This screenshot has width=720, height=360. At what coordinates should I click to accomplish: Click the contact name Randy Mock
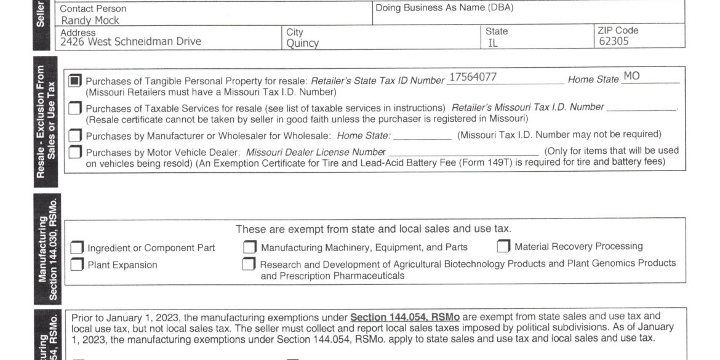pos(90,20)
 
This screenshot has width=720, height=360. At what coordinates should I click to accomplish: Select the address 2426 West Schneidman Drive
pos(130,42)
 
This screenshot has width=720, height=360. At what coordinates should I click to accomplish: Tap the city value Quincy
pos(303,43)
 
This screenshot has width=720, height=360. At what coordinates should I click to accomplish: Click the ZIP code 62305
pos(615,42)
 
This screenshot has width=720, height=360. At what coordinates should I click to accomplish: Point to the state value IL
pos(493,43)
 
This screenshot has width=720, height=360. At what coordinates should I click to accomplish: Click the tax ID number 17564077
pos(473,77)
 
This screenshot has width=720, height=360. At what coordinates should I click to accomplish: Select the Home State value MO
pos(631,76)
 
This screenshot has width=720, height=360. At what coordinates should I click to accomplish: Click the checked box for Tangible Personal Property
pos(75,81)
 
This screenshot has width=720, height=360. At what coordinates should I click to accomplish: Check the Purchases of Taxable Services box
pos(75,108)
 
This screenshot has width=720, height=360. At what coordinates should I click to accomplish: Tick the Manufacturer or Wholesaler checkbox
pos(75,135)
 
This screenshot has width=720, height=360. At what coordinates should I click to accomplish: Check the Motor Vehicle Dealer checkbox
pos(75,151)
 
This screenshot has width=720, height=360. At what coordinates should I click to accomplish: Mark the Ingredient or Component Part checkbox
pos(77,248)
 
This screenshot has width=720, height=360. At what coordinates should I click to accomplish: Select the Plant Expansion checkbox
pos(77,265)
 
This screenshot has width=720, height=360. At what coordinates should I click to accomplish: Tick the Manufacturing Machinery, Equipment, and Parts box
pos(249,247)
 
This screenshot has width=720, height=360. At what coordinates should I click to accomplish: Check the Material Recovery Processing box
pos(503,247)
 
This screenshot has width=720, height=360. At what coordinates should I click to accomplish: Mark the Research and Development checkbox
pos(249,264)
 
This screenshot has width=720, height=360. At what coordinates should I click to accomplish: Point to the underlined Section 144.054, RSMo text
pos(404,317)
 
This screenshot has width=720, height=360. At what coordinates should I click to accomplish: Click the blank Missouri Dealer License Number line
pos(464,154)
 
